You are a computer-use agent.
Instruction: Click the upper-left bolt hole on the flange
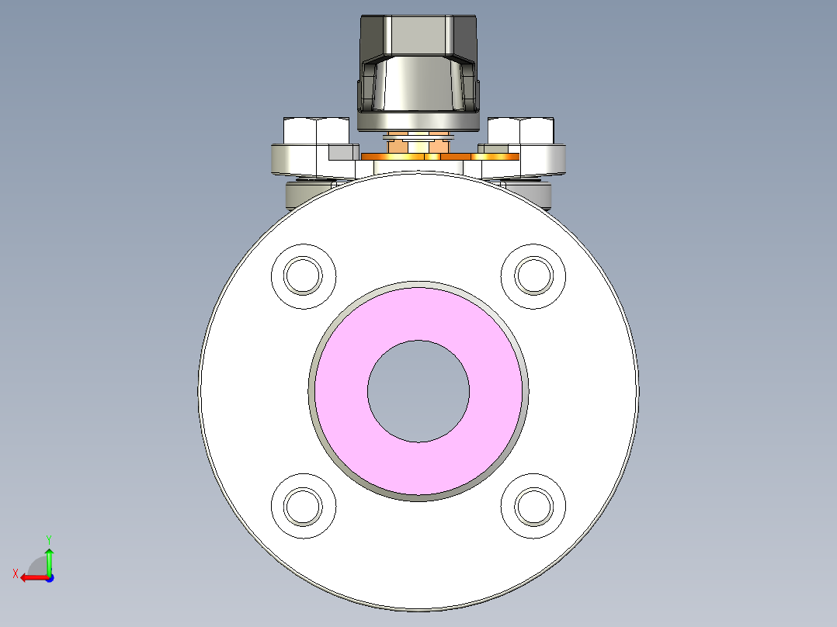tap(303, 275)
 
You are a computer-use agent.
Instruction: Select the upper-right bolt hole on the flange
tap(533, 275)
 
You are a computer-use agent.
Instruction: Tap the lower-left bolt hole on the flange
tap(303, 505)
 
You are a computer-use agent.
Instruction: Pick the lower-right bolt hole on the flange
tap(533, 505)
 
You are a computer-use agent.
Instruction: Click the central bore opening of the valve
tap(418, 391)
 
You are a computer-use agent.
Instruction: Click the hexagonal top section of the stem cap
tap(418, 35)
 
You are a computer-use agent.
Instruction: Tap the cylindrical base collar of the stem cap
tap(418, 121)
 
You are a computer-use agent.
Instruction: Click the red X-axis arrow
tap(31, 577)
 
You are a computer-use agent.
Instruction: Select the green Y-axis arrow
tap(49, 560)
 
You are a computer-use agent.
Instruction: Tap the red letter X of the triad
tap(15, 573)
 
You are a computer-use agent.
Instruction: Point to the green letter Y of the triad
tap(48, 539)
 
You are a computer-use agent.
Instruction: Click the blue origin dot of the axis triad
tap(49, 577)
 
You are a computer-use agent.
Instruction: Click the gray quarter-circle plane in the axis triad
tap(40, 567)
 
